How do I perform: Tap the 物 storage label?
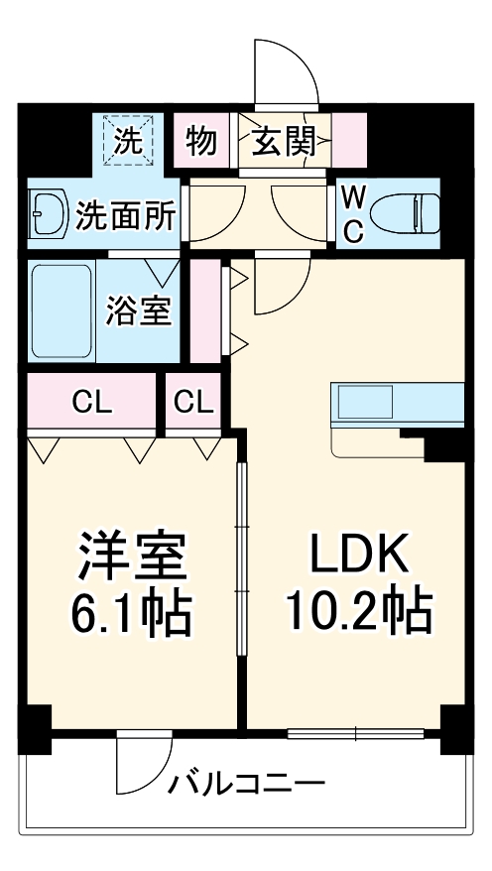(201, 142)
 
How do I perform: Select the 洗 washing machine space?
(126, 141)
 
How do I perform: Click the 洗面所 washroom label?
(125, 214)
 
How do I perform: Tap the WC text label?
(352, 212)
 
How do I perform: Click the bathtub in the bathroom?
(61, 310)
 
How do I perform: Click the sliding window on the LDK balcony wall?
(355, 735)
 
